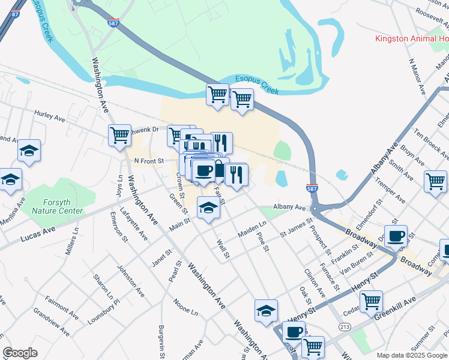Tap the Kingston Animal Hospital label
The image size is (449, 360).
click(x=411, y=39)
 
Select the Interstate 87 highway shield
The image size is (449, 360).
click(x=16, y=13)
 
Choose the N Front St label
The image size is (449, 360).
click(x=148, y=161)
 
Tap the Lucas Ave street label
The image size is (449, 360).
click(x=38, y=234)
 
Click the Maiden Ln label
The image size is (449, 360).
click(x=253, y=228)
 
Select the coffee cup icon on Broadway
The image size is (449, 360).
click(x=396, y=236)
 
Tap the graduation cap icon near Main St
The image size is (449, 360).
click(x=208, y=209)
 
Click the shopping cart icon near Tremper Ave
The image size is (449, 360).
click(x=435, y=181)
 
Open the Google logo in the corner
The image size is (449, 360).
click(x=20, y=353)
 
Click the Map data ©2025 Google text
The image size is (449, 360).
click(x=411, y=355)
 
